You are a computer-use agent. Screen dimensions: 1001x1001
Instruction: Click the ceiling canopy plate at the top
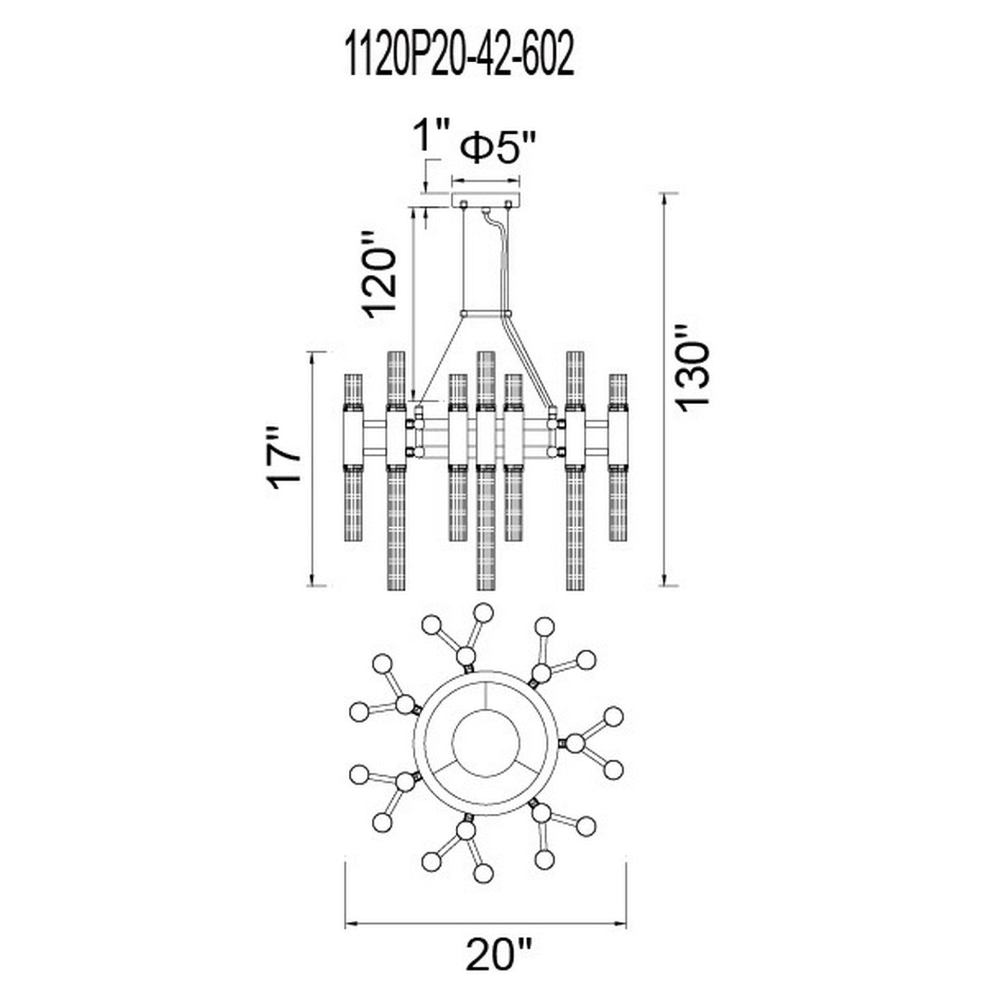click(486, 201)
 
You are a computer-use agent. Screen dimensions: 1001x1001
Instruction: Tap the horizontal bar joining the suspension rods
click(486, 313)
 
